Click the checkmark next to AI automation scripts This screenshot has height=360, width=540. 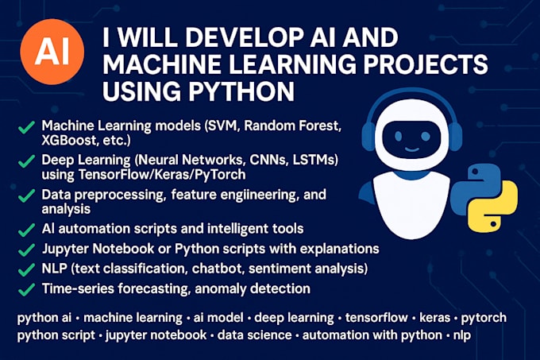26,229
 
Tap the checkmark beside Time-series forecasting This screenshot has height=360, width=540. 26,289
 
